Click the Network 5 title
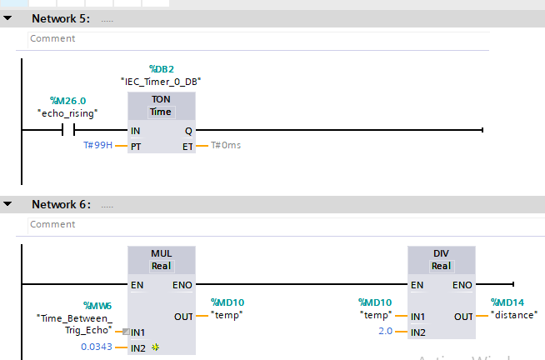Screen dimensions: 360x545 coord(60,17)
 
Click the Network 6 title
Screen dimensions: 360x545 coord(60,204)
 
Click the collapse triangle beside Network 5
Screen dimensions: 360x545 coord(7,17)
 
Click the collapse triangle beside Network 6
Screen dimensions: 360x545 coord(7,204)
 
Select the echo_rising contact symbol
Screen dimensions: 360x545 coord(67,130)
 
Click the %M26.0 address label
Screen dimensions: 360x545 coord(67,100)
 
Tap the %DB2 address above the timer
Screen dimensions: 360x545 coord(161,68)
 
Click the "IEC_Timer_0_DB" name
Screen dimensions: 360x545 coord(161,82)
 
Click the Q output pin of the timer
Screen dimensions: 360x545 coord(187,131)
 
